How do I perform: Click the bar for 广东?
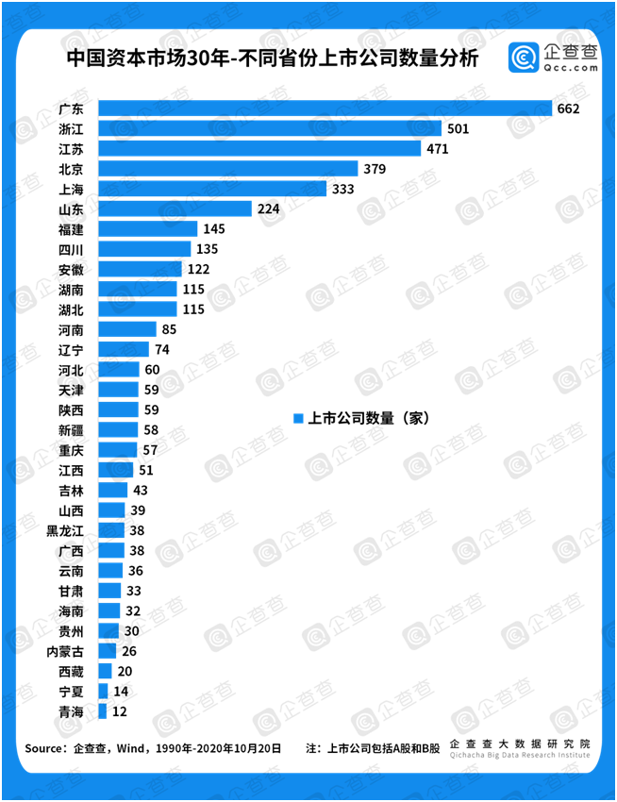tap(325, 109)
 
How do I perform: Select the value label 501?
tap(459, 128)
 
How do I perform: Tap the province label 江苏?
tap(70, 149)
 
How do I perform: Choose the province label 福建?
tap(70, 229)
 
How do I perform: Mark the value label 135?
tap(206, 249)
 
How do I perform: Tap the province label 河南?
tap(70, 329)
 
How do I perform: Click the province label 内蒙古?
tap(65, 651)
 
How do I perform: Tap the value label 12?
tap(121, 711)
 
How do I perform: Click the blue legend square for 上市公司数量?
tap(297, 418)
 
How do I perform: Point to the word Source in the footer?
tap(43, 749)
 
